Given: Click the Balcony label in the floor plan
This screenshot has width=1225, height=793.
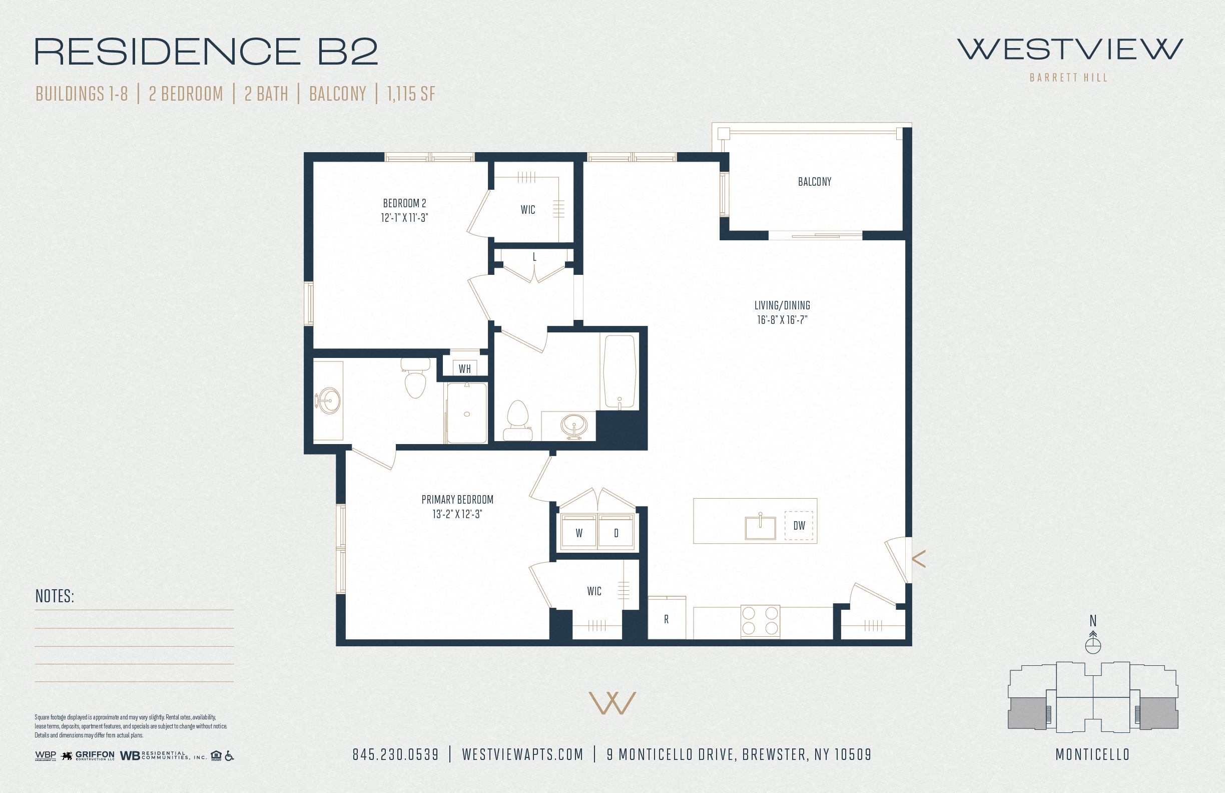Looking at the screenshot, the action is (x=814, y=182).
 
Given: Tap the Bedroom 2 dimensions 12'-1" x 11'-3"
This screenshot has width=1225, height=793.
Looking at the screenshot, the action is (x=404, y=218).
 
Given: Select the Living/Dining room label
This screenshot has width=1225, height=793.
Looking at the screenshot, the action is (x=782, y=305).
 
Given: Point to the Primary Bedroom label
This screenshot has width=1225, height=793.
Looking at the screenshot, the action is (x=457, y=500).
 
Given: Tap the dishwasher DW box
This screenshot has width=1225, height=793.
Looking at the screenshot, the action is (x=799, y=525).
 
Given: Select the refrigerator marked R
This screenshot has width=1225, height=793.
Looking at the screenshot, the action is (x=667, y=618).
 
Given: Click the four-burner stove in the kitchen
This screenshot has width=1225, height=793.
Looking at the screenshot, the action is (x=760, y=621).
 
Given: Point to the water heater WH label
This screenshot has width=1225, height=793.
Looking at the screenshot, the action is (x=464, y=368).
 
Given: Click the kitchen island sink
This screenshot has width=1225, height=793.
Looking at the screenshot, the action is (x=760, y=526).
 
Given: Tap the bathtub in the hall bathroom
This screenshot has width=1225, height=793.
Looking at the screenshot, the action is (x=619, y=372).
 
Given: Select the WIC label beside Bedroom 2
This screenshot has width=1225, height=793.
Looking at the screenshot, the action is (x=527, y=210).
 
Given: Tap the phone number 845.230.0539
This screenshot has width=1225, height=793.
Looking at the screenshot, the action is (x=395, y=754).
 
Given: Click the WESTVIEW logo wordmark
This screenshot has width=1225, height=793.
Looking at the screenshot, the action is (x=1069, y=50).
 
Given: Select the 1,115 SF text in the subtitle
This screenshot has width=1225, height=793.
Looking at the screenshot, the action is (x=411, y=94).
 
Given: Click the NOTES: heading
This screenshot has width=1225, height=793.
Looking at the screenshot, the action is (x=55, y=596).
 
